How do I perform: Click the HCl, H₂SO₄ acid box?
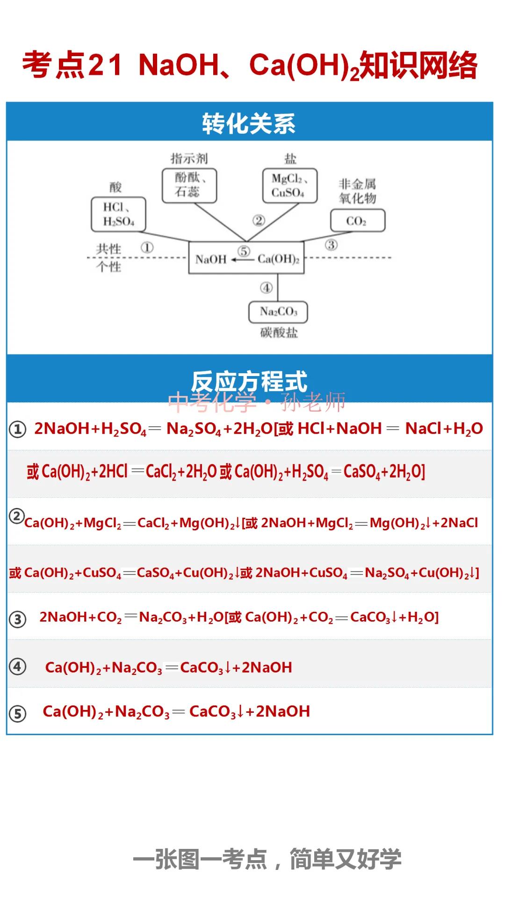click(x=118, y=215)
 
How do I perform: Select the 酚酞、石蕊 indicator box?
click(x=189, y=186)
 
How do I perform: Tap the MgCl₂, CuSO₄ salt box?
click(x=290, y=186)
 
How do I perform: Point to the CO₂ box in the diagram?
click(x=358, y=221)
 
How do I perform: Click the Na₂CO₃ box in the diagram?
click(x=278, y=311)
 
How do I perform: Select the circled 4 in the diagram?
click(x=267, y=288)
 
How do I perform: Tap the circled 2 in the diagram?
click(x=259, y=220)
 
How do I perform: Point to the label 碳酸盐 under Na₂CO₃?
click(x=279, y=333)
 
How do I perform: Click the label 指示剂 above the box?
click(x=189, y=159)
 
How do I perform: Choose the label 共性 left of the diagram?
click(x=108, y=248)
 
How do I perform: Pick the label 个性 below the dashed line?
click(x=108, y=267)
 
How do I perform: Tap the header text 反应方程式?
click(x=249, y=381)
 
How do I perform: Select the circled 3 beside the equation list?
click(x=18, y=619)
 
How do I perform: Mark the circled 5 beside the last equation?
click(x=18, y=714)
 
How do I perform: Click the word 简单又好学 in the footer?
click(x=346, y=859)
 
